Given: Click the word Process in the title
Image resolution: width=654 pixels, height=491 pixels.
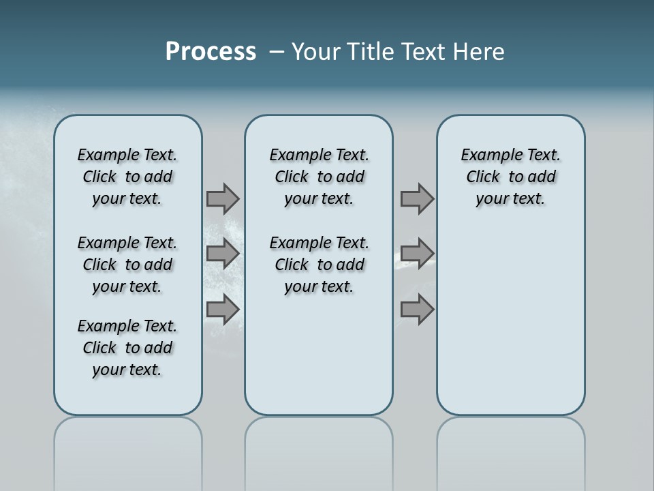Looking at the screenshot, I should (x=211, y=52).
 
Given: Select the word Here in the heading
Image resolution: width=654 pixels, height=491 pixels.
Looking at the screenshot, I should (x=479, y=52).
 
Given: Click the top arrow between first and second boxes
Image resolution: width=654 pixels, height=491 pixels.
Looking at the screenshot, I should (x=223, y=198).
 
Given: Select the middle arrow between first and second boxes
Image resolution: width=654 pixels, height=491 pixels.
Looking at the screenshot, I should (x=223, y=254).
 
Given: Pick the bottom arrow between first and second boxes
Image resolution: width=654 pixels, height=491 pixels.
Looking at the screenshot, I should (x=223, y=310).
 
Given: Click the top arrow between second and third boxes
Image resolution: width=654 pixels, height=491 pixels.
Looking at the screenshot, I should (x=417, y=198).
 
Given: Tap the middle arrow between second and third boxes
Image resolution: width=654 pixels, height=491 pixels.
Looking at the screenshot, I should (x=417, y=254).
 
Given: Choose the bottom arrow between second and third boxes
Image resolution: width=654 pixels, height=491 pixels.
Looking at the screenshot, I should (x=417, y=310).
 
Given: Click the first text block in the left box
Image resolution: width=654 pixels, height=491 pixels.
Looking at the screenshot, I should (x=127, y=177).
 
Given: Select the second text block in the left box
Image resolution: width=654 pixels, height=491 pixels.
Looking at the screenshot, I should (x=127, y=265).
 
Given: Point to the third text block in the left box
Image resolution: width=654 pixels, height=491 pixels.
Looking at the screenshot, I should (x=127, y=348).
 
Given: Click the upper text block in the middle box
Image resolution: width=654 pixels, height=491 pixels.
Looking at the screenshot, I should (x=319, y=177).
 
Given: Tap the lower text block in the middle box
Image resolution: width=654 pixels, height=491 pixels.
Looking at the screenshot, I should (x=319, y=265).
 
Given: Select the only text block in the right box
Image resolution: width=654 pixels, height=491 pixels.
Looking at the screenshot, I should (x=510, y=177).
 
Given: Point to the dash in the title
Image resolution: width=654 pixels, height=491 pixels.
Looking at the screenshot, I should (x=277, y=52).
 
